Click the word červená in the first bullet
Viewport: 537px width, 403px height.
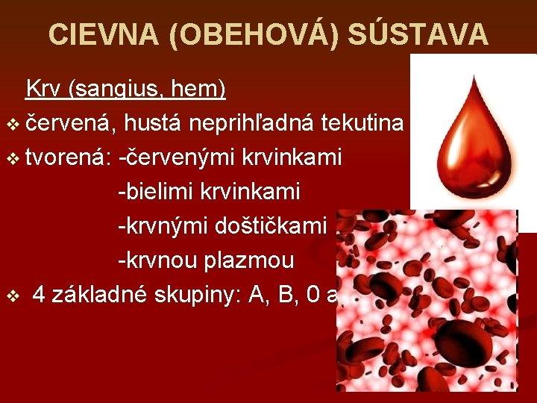[69, 123]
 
